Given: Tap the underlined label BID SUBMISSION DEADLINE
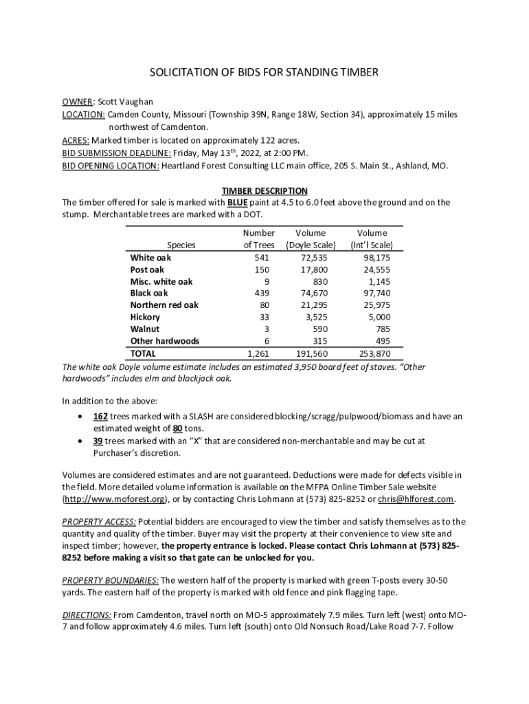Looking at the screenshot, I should (x=117, y=153).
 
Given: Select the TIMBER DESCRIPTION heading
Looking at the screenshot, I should (x=264, y=190).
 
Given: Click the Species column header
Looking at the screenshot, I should (x=181, y=245).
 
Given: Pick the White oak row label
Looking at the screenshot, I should (x=150, y=257).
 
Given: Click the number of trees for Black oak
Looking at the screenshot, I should (x=262, y=293).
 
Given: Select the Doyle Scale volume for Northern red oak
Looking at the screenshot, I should (x=314, y=305).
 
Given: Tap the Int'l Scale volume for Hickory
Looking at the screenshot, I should (x=379, y=317).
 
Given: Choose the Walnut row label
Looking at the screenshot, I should (x=145, y=329).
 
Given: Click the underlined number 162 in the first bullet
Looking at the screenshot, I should (x=101, y=417).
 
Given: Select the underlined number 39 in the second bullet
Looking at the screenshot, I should (x=98, y=441).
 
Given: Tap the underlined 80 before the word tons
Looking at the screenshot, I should (x=167, y=428).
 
